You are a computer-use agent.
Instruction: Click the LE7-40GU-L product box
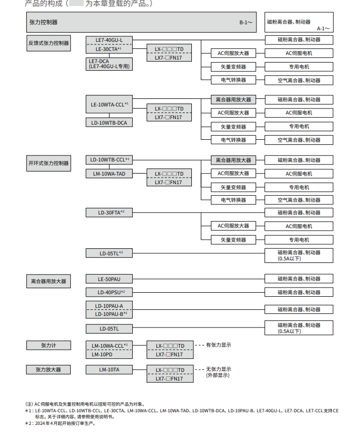pos(109,40)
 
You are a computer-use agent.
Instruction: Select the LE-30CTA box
pos(109,49)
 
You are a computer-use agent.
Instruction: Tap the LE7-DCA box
pos(109,63)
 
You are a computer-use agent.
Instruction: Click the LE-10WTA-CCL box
pos(109,104)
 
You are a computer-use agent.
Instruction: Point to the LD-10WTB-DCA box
pos(109,123)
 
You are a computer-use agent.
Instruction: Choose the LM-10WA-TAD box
pos(109,174)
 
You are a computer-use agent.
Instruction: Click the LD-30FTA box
pos(109,212)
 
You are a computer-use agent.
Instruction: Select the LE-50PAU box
pos(109,279)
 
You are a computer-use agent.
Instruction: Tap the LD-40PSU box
pos(109,292)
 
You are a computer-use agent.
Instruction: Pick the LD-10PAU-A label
pos(109,305)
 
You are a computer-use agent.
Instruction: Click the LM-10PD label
pos(109,354)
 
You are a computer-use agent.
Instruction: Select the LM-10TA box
pos(109,370)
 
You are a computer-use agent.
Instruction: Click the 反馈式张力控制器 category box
pos(48,43)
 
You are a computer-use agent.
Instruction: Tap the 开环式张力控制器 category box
pos(48,163)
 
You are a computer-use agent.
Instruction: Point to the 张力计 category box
pos(48,345)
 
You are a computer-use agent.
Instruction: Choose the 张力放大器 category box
pos(48,370)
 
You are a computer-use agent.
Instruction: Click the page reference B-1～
pos(246,23)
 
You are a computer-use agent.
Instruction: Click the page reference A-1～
pos(323,29)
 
